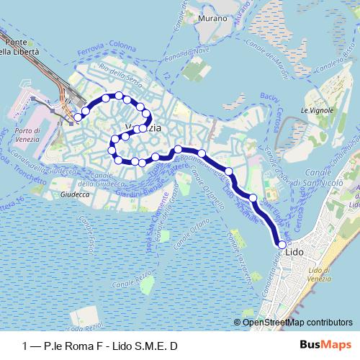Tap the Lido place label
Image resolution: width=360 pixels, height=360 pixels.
click(x=294, y=252)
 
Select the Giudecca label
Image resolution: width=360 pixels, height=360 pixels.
click(x=74, y=194)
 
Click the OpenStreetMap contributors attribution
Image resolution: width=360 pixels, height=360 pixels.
click(x=297, y=323)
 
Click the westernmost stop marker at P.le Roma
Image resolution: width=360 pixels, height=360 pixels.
click(x=78, y=117)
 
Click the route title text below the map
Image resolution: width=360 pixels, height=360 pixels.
click(x=100, y=346)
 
